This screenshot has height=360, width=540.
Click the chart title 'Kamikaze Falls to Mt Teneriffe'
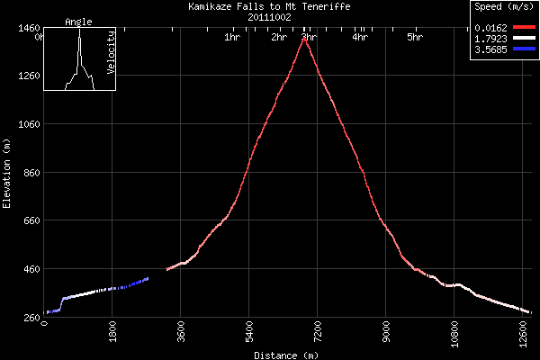[x=270, y=6]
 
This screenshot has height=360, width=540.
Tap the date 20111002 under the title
[x=270, y=17]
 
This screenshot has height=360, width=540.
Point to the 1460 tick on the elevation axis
[x=25, y=28]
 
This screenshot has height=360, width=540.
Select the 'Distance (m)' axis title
[x=285, y=355]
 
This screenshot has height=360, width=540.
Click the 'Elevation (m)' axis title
[x=6, y=173]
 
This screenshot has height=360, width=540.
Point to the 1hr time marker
[x=231, y=38]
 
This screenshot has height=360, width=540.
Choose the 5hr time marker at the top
[x=415, y=38]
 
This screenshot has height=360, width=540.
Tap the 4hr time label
[x=360, y=38]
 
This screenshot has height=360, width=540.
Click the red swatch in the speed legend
[x=524, y=29]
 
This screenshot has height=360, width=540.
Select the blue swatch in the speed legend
[x=524, y=49]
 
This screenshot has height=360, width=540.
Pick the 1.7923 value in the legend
[x=490, y=39]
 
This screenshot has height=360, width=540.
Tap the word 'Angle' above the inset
[x=79, y=22]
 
